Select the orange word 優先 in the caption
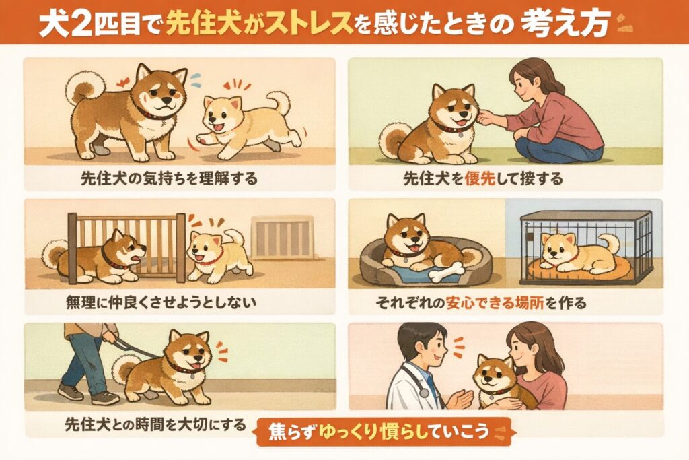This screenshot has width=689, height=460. [480, 179]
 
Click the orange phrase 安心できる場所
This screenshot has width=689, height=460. [495, 303]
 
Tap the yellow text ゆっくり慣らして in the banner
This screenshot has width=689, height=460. [380, 431]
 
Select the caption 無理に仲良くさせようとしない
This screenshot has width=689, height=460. [161, 302]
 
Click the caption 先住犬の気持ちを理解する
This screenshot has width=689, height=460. [169, 179]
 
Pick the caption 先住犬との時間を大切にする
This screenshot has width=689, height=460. [155, 425]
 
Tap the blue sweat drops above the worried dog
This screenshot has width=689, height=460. [195, 79]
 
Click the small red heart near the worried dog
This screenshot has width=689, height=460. [123, 82]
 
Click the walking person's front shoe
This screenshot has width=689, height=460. [105, 397]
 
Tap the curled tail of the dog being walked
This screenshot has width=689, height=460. [126, 368]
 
